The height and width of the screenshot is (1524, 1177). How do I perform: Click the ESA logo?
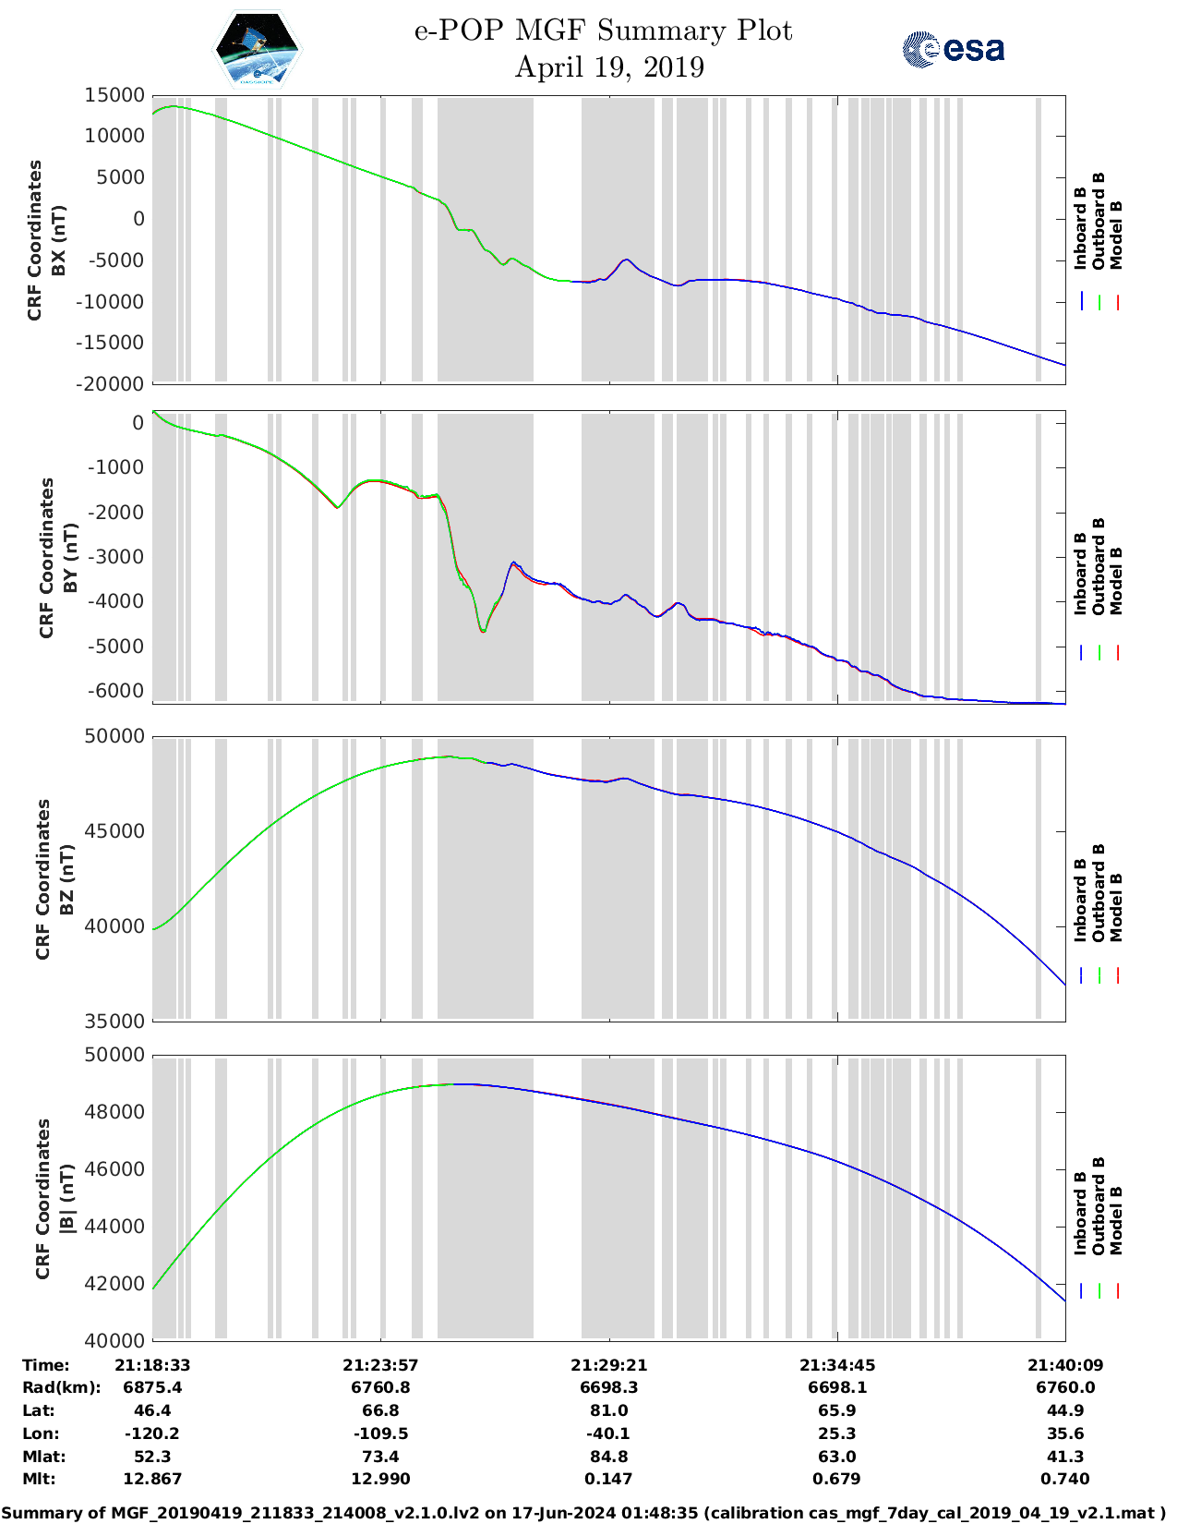pyautogui.click(x=953, y=49)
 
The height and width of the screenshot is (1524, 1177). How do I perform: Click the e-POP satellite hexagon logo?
pyautogui.click(x=258, y=49)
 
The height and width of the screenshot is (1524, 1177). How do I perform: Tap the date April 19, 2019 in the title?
pyautogui.click(x=609, y=67)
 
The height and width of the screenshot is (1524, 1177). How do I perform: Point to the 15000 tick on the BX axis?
pyautogui.click(x=114, y=95)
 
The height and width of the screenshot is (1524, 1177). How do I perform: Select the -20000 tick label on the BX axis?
pyautogui.click(x=112, y=383)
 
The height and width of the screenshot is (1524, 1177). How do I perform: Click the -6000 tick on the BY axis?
pyautogui.click(x=115, y=691)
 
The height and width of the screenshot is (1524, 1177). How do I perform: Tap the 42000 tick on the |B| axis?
pyautogui.click(x=114, y=1284)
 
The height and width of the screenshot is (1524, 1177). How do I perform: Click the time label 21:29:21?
pyautogui.click(x=608, y=1365)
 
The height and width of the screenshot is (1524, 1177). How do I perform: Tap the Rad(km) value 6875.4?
pyautogui.click(x=152, y=1387)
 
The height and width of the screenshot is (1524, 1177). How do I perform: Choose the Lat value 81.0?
pyautogui.click(x=608, y=1410)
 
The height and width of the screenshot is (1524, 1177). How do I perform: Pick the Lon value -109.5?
pyautogui.click(x=380, y=1433)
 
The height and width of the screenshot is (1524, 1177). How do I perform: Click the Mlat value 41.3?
pyautogui.click(x=1064, y=1457)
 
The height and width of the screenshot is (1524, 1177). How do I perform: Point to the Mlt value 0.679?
pyautogui.click(x=836, y=1479)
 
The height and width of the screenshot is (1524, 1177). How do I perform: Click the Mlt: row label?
pyautogui.click(x=39, y=1479)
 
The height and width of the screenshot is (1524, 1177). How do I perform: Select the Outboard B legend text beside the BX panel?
pyautogui.click(x=1099, y=222)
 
